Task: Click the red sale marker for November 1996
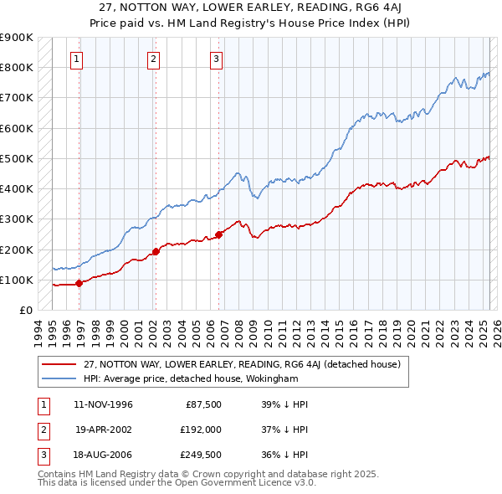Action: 79,283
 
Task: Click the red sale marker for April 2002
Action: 156,251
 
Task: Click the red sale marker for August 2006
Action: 218,234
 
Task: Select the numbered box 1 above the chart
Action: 76,59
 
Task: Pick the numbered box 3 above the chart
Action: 216,59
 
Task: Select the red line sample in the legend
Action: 59,364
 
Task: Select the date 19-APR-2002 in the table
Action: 104,429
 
